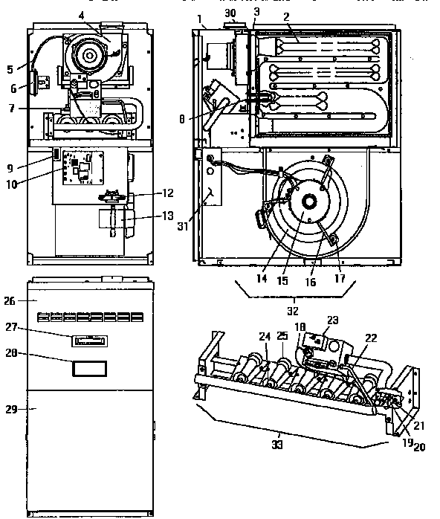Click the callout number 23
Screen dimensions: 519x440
point(331,320)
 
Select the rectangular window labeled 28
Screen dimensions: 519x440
point(88,368)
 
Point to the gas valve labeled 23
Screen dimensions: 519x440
point(321,342)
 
